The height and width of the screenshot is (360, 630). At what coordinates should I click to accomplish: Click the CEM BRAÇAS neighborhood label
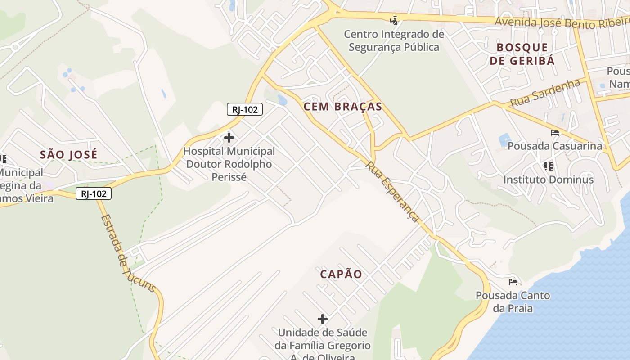343,107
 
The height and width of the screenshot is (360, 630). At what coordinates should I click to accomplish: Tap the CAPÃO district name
341,274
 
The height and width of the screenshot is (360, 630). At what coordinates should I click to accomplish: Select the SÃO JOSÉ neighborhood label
68,155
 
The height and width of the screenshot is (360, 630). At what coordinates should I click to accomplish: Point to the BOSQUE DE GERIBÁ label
522,54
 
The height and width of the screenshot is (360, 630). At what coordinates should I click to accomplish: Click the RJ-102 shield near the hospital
244,109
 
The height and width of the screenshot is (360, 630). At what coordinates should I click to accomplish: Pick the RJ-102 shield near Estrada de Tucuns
94,193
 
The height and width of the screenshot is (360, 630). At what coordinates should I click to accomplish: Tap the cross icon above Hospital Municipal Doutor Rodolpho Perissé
229,138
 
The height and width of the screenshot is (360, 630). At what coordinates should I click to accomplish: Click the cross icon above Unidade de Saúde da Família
322,319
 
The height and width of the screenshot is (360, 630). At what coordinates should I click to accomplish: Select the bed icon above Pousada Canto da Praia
513,282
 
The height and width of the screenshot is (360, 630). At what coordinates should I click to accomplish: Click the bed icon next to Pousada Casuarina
555,132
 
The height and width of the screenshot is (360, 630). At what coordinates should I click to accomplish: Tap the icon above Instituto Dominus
548,166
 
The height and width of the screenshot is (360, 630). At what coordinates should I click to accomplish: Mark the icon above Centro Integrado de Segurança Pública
394,20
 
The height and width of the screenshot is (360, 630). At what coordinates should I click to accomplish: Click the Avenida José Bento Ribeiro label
562,22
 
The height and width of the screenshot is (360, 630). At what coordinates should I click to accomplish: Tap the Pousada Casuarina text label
555,146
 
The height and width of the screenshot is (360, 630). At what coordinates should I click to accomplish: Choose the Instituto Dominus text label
548,180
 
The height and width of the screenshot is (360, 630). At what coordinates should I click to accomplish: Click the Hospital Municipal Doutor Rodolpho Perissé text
229,164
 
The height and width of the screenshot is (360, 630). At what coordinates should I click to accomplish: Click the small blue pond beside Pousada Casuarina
504,140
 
